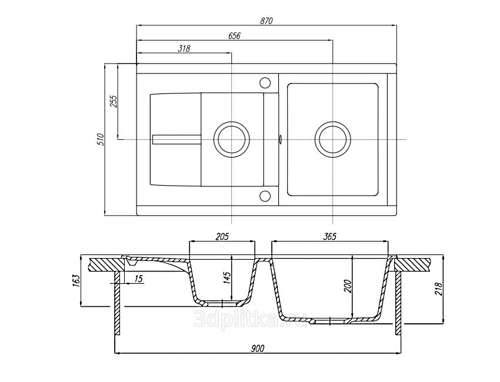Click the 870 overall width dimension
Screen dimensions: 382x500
265,20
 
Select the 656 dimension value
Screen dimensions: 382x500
234,35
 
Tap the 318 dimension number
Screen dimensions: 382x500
184,49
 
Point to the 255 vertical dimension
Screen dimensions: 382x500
114,101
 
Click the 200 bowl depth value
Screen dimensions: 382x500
346,287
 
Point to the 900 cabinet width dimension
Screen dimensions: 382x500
257,348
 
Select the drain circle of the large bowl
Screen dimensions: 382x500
333,139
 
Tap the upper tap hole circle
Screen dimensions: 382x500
265,82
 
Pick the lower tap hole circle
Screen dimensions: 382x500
265,196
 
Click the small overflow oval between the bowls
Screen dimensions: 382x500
281,139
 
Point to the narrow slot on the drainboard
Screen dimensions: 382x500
176,139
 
